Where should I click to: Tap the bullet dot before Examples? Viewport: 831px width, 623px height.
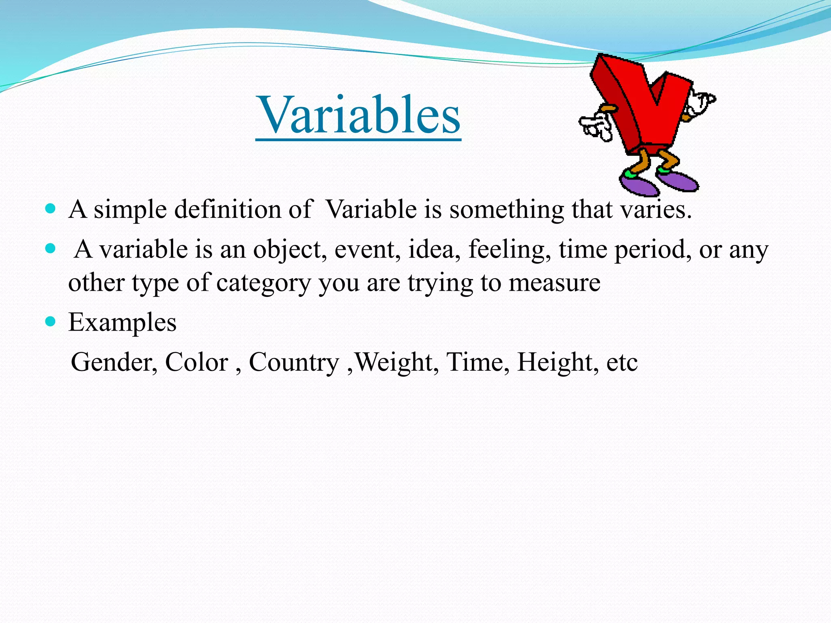50,322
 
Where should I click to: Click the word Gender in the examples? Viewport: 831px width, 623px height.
114,362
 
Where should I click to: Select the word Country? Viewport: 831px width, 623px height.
293,362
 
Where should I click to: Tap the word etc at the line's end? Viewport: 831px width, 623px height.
622,363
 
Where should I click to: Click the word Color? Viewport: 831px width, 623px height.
196,362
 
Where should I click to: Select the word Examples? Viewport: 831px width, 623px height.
122,323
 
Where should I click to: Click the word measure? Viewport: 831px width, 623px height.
554,283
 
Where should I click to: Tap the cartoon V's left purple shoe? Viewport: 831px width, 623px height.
639,185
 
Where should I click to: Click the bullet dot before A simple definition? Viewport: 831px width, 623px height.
50,209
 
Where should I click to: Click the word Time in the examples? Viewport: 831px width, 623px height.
477,362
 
